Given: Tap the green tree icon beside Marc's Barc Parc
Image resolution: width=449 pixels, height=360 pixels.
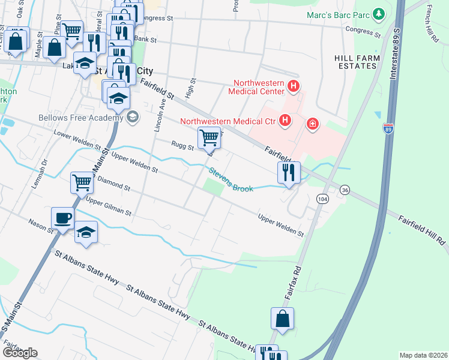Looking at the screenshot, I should pos(378,13).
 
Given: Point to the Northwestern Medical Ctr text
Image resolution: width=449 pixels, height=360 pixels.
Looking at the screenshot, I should pos(228,121).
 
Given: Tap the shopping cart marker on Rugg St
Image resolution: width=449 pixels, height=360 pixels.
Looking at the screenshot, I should pos(209,137).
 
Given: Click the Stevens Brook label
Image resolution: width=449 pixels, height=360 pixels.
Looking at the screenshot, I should pos(231,180).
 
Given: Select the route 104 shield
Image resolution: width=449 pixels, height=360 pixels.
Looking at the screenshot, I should pos(323,199).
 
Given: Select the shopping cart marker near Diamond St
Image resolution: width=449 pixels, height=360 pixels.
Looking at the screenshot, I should pos(81,182).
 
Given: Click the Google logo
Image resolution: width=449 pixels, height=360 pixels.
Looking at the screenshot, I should pos(20,353).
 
